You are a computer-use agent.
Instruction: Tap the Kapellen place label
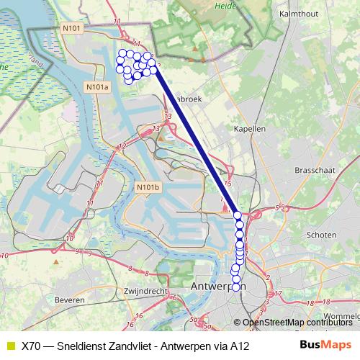(250, 128)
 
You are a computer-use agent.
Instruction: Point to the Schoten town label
(321, 235)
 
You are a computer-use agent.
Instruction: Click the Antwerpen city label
(217, 287)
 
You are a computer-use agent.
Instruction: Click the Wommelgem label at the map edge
(343, 316)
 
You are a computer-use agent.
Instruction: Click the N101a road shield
(96, 87)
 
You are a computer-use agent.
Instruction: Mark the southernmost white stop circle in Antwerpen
(235, 288)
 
